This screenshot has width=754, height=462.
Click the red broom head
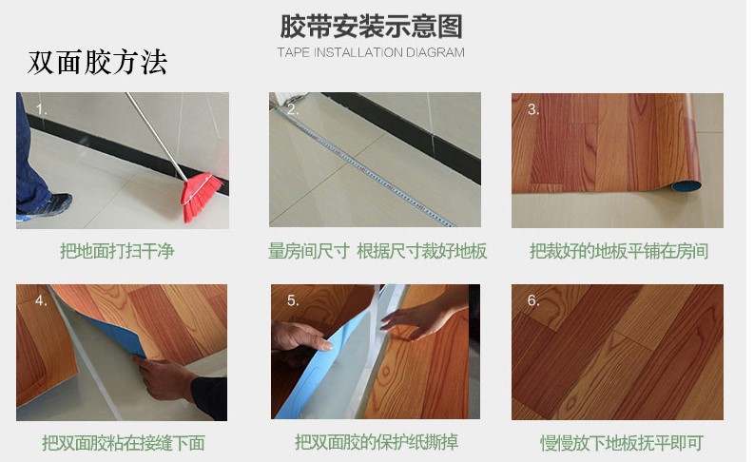(201, 196)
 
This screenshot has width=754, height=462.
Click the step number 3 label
(533, 109)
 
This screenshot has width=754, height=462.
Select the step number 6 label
(533, 300)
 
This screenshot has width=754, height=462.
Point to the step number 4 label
(41, 300)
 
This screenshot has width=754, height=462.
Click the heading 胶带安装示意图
(371, 26)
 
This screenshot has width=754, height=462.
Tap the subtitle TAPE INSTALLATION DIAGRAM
(371, 52)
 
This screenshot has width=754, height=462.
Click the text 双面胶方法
(97, 63)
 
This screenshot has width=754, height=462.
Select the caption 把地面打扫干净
(117, 251)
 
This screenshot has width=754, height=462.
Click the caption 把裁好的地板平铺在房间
(619, 251)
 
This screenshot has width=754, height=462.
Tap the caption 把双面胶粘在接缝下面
(123, 443)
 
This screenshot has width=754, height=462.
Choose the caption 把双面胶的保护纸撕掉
(377, 442)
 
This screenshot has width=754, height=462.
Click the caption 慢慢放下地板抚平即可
(622, 443)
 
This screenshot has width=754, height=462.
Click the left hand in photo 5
(301, 337)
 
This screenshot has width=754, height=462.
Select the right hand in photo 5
(423, 318)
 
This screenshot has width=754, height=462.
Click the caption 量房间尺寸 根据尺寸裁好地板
(377, 251)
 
